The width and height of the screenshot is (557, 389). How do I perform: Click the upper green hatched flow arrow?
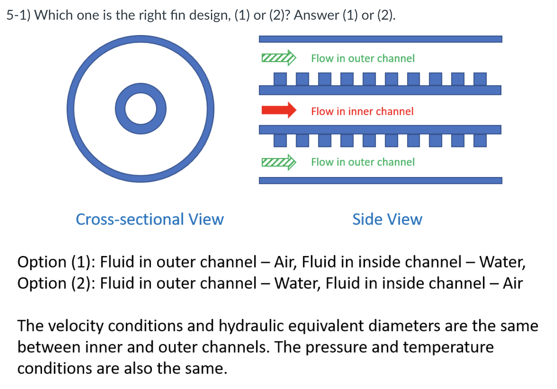click(x=278, y=58)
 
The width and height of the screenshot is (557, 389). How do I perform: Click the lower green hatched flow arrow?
click(x=278, y=162)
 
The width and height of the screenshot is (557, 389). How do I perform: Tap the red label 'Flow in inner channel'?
click(x=362, y=112)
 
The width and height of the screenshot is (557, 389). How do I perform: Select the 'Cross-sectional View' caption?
click(x=149, y=219)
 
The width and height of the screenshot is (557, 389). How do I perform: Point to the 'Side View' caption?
click(x=387, y=219)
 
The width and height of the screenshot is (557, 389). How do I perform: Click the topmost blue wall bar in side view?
click(x=380, y=39)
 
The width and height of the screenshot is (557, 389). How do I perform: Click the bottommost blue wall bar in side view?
click(x=380, y=180)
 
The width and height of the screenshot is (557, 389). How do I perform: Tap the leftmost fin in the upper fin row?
click(x=280, y=79)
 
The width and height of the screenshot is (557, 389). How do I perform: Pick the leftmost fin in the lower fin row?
click(x=280, y=140)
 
